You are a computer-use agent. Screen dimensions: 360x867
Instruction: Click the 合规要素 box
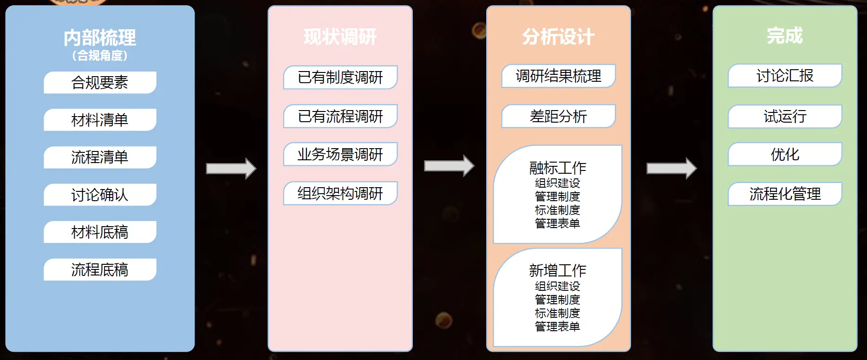pyautogui.click(x=100, y=83)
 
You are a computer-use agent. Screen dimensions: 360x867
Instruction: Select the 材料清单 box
pyautogui.click(x=100, y=120)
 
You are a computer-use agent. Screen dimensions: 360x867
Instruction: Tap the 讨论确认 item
pyautogui.click(x=100, y=195)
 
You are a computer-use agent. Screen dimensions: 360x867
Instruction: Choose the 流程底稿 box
pyautogui.click(x=100, y=269)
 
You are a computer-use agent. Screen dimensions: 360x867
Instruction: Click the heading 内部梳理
pyautogui.click(x=100, y=38)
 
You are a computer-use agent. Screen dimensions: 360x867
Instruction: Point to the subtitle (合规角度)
pyautogui.click(x=100, y=56)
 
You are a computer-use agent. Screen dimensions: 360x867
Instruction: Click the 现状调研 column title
pyautogui.click(x=340, y=37)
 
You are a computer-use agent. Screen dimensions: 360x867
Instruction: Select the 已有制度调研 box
pyautogui.click(x=340, y=77)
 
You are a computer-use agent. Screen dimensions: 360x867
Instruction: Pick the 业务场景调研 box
pyautogui.click(x=340, y=154)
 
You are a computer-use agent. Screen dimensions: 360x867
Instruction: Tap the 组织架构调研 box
pyautogui.click(x=340, y=193)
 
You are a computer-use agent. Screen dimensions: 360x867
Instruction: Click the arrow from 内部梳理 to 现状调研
pyautogui.click(x=231, y=169)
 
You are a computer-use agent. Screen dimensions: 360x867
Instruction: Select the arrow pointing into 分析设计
pyautogui.click(x=449, y=166)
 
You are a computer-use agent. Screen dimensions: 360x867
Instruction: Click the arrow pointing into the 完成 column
pyautogui.click(x=671, y=168)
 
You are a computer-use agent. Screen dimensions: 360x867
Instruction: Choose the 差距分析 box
pyautogui.click(x=558, y=116)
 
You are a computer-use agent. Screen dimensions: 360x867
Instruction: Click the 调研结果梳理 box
pyautogui.click(x=558, y=76)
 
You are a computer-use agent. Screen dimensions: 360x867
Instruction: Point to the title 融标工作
pyautogui.click(x=558, y=168)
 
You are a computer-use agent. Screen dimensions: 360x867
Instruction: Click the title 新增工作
pyautogui.click(x=558, y=270)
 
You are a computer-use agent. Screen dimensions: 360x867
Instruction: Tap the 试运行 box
pyautogui.click(x=785, y=116)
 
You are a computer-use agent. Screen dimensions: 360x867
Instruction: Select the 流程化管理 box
pyautogui.click(x=785, y=194)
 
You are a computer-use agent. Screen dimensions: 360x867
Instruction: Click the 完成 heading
pyautogui.click(x=784, y=36)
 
